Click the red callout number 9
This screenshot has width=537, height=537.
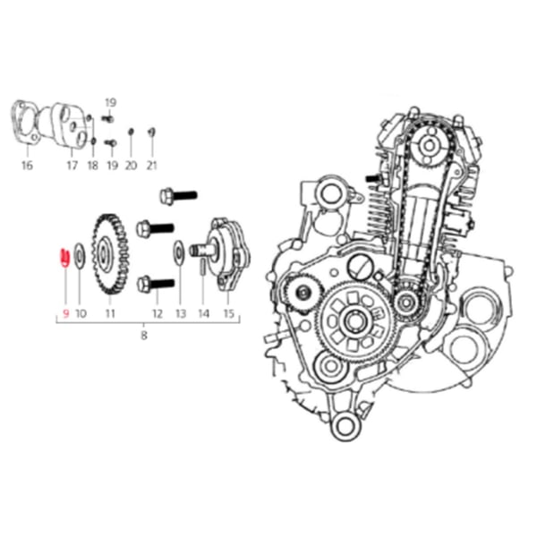tap(65, 313)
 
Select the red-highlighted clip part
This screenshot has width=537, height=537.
tap(64, 257)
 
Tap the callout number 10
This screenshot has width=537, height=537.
tap(81, 313)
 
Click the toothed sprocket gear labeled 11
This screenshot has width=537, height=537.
tap(110, 254)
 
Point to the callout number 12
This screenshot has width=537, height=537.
tap(158, 313)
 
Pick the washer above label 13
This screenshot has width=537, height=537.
tap(179, 252)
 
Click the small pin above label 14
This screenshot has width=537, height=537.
tap(203, 266)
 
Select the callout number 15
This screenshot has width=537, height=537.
tap(228, 313)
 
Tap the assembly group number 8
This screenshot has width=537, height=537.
tap(144, 335)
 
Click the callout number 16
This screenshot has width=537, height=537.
tap(27, 166)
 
